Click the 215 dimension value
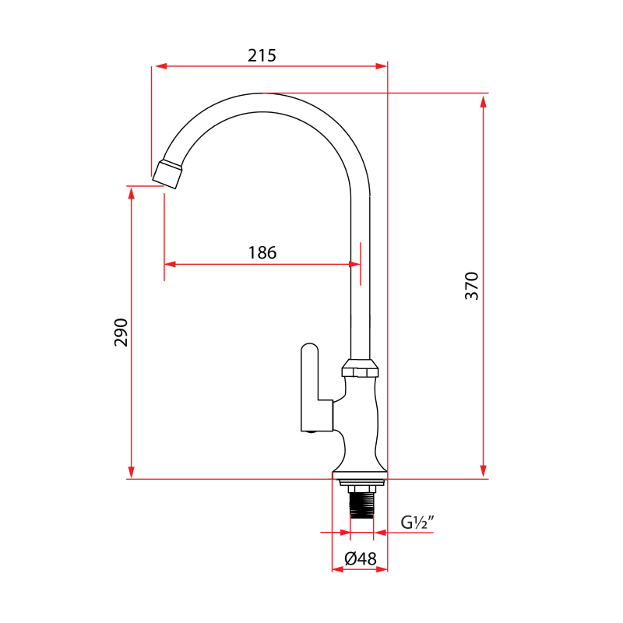262,55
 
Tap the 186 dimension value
262,252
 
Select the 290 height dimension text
121,333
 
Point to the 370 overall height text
472,286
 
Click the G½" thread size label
417,523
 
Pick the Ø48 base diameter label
360,558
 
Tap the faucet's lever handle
310,385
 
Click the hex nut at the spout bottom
361,368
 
